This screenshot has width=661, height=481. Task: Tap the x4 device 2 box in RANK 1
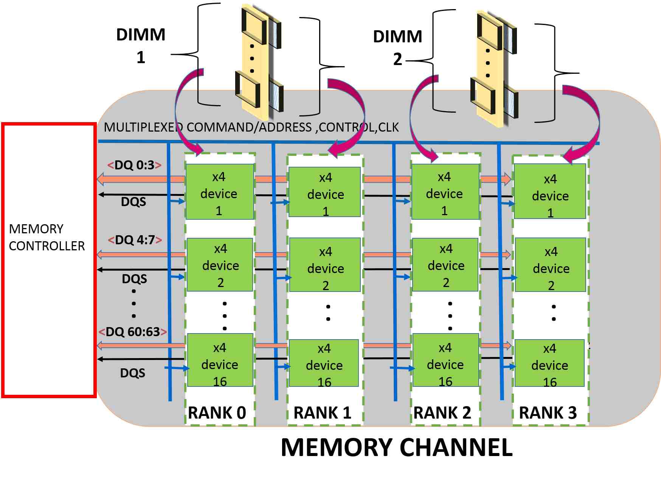[x=325, y=265]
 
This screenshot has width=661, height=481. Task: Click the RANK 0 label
[x=217, y=413]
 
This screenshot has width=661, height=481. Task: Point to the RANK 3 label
[x=548, y=413]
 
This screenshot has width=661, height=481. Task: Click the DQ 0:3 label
[x=135, y=165]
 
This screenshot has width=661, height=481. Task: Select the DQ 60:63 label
[x=132, y=332]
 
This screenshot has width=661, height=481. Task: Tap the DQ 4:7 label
[x=135, y=240]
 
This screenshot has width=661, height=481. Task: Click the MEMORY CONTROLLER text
[x=46, y=237]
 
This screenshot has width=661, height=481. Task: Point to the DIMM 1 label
[x=141, y=45]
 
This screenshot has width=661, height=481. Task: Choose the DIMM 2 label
[x=397, y=47]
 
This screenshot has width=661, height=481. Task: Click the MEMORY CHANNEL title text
[x=397, y=447]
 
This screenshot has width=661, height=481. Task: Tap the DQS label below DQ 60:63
[x=133, y=373]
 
